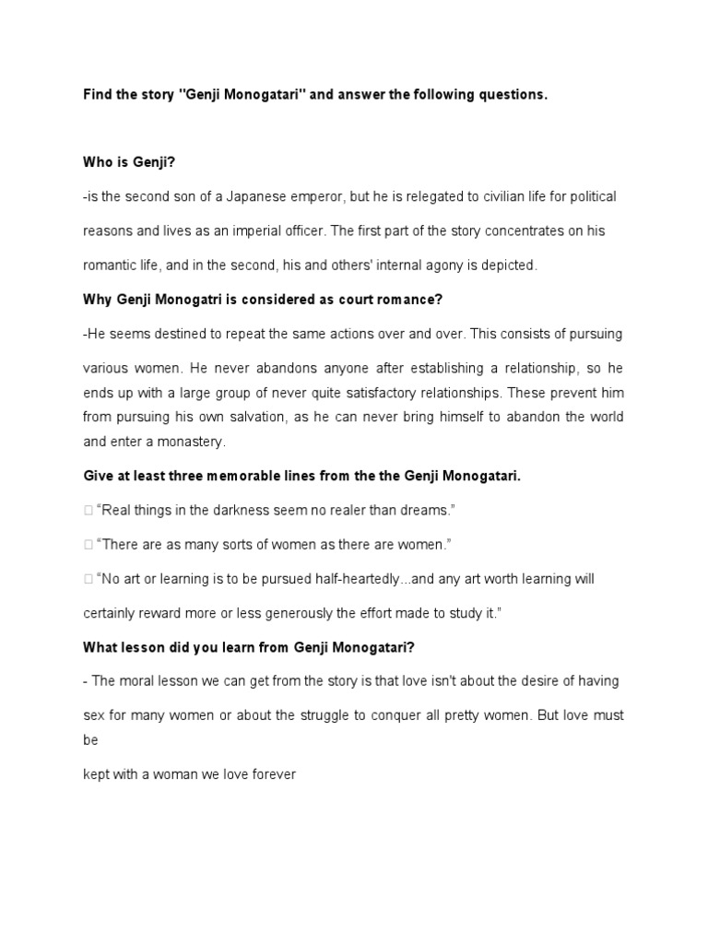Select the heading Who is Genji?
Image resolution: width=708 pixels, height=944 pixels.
(128, 162)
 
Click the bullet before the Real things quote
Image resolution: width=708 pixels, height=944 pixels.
(87, 511)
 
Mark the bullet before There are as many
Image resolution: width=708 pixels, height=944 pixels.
(87, 545)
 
